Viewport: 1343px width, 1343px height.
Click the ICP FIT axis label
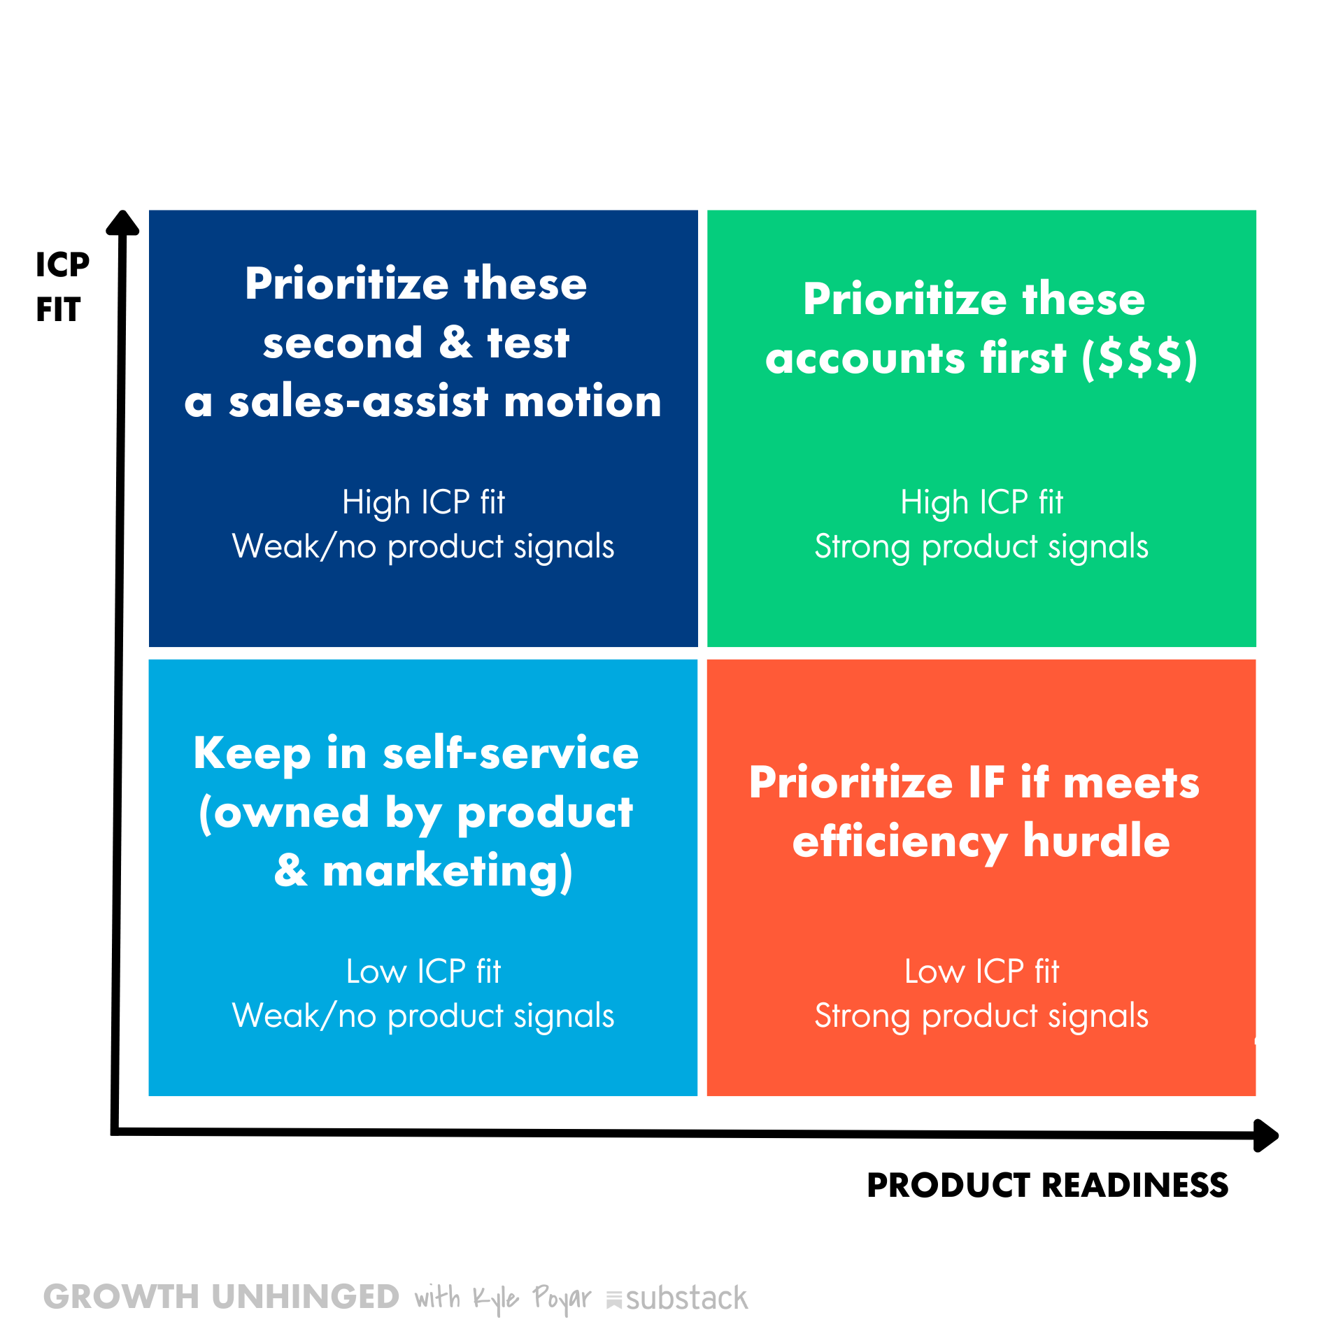pos(62,287)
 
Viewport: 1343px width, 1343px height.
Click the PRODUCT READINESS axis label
pos(1047,1185)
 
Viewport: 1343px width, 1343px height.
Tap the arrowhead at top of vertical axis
pos(122,222)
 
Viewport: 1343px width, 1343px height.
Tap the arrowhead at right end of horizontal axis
pos(1266,1135)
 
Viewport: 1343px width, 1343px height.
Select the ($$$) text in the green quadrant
pos(1139,359)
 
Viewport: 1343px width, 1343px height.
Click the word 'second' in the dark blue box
pos(343,343)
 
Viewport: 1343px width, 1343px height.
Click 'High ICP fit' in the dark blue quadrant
pos(423,502)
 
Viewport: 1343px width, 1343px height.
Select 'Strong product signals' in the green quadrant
pos(981,547)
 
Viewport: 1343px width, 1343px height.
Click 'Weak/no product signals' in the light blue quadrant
pos(423,1016)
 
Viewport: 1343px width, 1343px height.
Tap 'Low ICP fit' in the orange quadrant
pos(981,972)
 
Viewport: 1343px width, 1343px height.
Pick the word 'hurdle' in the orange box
pos(1096,840)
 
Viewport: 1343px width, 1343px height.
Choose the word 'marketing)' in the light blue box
pos(448,872)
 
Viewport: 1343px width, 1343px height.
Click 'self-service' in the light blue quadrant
pos(511,753)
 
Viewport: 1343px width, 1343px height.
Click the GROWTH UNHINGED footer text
pos(221,1297)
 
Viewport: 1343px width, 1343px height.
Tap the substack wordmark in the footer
pos(677,1299)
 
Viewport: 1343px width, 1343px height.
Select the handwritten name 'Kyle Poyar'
pos(532,1299)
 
